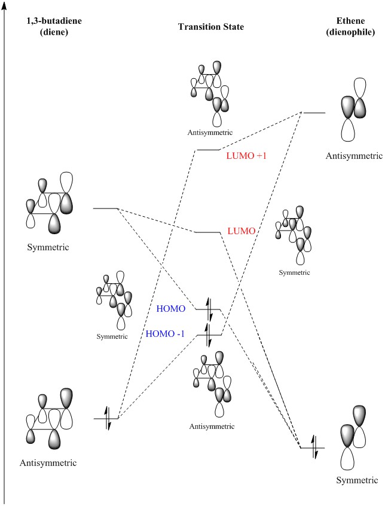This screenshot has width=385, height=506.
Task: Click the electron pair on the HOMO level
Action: click(x=209, y=309)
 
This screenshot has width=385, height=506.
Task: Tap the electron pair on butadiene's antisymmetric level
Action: click(x=108, y=418)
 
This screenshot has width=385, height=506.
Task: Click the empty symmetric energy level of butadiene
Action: click(x=105, y=208)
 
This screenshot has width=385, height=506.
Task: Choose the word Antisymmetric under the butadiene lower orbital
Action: click(x=49, y=462)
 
